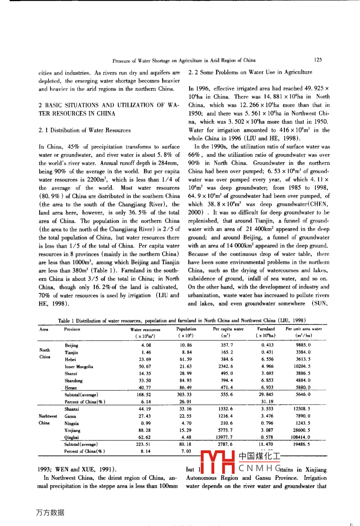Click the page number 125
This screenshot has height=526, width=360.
pos(317,60)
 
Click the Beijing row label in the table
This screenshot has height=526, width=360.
pos(72,345)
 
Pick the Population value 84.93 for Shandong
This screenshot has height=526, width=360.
pos(186,381)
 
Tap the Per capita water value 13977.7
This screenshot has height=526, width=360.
pos(227,437)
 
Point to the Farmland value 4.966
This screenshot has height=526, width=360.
pos(267,367)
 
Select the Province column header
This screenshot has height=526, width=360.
pos(72,330)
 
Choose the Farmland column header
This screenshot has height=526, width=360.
pos(266,329)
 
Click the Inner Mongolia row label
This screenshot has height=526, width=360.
pos(79,367)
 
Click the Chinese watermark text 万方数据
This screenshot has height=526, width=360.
pos(50,512)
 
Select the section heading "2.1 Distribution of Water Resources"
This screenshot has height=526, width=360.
pos(84,130)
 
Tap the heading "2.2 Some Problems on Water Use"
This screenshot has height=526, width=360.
pos(250,72)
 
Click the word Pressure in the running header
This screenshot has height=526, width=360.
pos(121,61)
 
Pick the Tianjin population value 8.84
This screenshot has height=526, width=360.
pos(186,352)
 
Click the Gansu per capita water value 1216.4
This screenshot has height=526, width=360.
pos(227,416)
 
